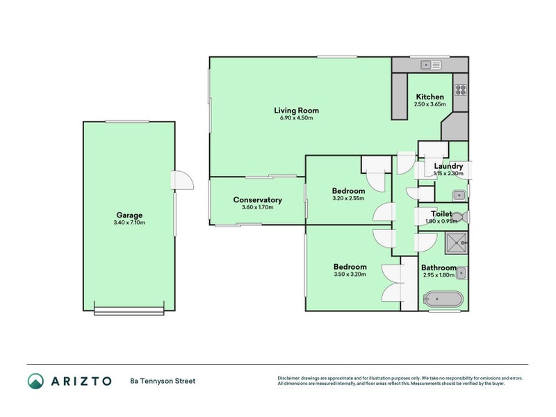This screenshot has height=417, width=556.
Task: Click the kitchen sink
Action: tap(431, 65)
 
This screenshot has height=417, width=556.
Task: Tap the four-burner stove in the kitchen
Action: tap(460, 89)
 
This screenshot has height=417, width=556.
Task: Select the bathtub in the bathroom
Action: tap(443, 301)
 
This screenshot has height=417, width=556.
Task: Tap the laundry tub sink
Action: tap(459, 195)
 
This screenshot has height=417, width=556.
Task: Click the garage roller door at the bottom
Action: tap(129, 311)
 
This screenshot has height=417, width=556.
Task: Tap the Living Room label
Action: tap(296, 110)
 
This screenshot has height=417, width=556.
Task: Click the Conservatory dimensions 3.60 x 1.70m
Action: tap(257, 207)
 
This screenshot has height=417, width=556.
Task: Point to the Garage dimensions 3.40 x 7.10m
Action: tap(129, 222)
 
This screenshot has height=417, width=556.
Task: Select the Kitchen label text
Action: tap(430, 97)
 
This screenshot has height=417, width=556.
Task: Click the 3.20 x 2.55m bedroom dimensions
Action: tap(348, 199)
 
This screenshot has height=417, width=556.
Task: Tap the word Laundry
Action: tap(448, 166)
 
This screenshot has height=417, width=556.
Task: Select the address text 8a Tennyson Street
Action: tap(163, 381)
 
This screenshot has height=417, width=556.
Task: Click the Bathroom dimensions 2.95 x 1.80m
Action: tap(439, 275)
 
